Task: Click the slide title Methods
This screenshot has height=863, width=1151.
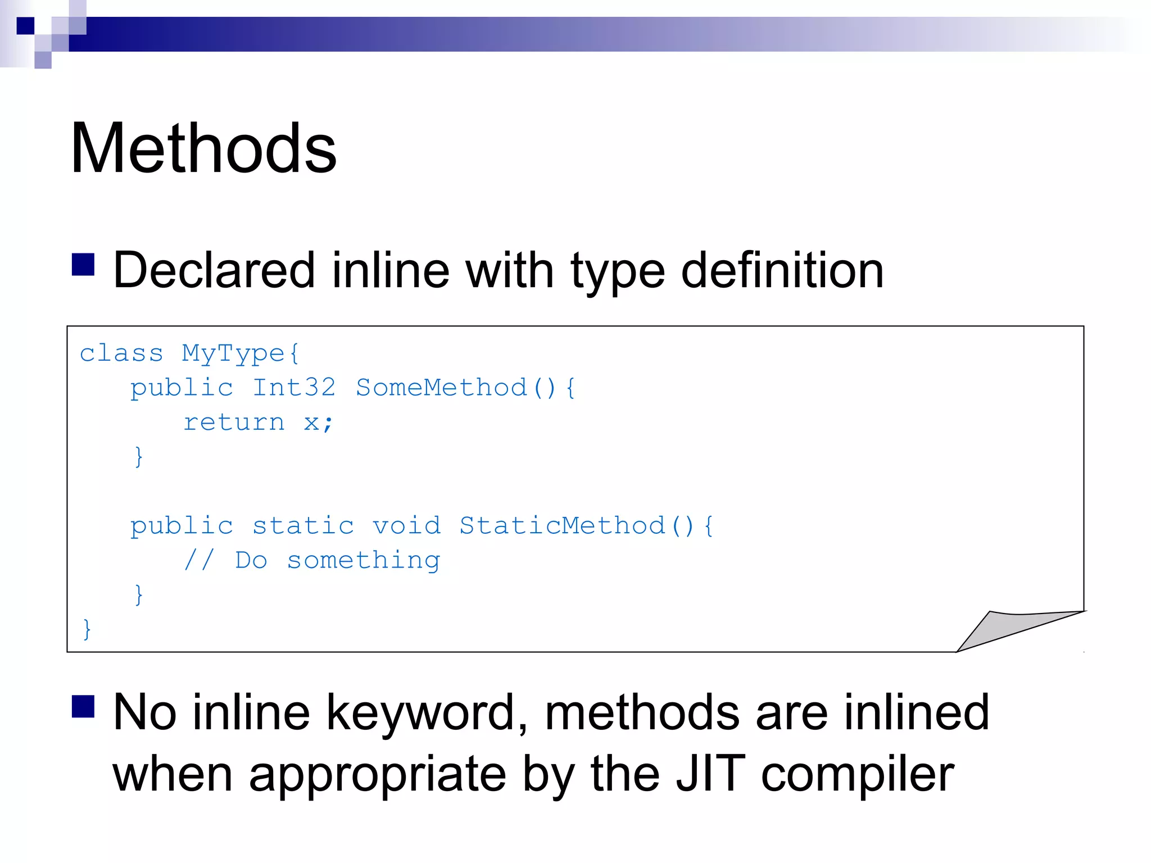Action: pos(203,148)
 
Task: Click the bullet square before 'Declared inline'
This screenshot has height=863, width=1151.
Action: pos(83,265)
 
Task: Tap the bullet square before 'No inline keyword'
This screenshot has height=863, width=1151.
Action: pos(83,707)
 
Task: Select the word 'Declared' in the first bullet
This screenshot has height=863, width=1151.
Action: pos(214,271)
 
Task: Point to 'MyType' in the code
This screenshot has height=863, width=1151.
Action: pos(233,354)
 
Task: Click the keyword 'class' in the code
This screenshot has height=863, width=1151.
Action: pos(121,354)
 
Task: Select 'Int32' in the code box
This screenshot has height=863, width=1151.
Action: pos(294,388)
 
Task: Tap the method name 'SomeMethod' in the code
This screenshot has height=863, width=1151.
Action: pos(442,388)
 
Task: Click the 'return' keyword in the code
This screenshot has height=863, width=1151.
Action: pos(234,423)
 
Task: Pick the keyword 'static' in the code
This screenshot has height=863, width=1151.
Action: pos(303,526)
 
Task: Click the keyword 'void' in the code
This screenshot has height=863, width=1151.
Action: pos(406,526)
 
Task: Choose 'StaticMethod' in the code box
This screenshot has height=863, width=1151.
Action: pos(562,526)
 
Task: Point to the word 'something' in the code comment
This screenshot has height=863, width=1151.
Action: pos(364,561)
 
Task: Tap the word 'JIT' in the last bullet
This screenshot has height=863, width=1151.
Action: pos(710,774)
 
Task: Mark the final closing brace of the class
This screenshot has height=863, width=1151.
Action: pos(87,629)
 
